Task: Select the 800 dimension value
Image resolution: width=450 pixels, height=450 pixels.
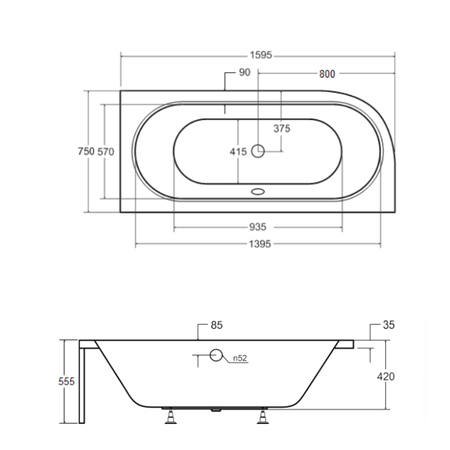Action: point(327,74)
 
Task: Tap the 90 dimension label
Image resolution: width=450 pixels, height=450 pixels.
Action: point(244,73)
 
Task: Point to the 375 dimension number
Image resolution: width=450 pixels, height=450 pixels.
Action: point(282,129)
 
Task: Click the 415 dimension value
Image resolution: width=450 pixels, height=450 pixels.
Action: point(238,151)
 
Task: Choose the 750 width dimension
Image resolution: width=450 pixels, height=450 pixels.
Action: point(86,151)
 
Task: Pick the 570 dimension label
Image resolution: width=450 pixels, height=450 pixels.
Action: point(105,151)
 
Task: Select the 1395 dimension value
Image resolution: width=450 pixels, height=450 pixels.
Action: point(257,244)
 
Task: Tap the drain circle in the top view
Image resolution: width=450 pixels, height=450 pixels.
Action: point(258,150)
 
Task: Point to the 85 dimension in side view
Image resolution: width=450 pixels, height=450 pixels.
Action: point(216,325)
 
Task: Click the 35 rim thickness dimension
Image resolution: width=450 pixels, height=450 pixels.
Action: point(389,325)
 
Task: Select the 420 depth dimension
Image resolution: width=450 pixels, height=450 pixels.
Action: point(386,376)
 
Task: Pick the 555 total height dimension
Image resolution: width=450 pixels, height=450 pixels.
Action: point(67,381)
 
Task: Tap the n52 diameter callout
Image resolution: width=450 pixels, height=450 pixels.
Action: point(241,358)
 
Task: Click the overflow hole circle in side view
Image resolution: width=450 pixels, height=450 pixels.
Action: point(216,356)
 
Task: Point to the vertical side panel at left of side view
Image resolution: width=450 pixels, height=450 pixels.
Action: point(85,382)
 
